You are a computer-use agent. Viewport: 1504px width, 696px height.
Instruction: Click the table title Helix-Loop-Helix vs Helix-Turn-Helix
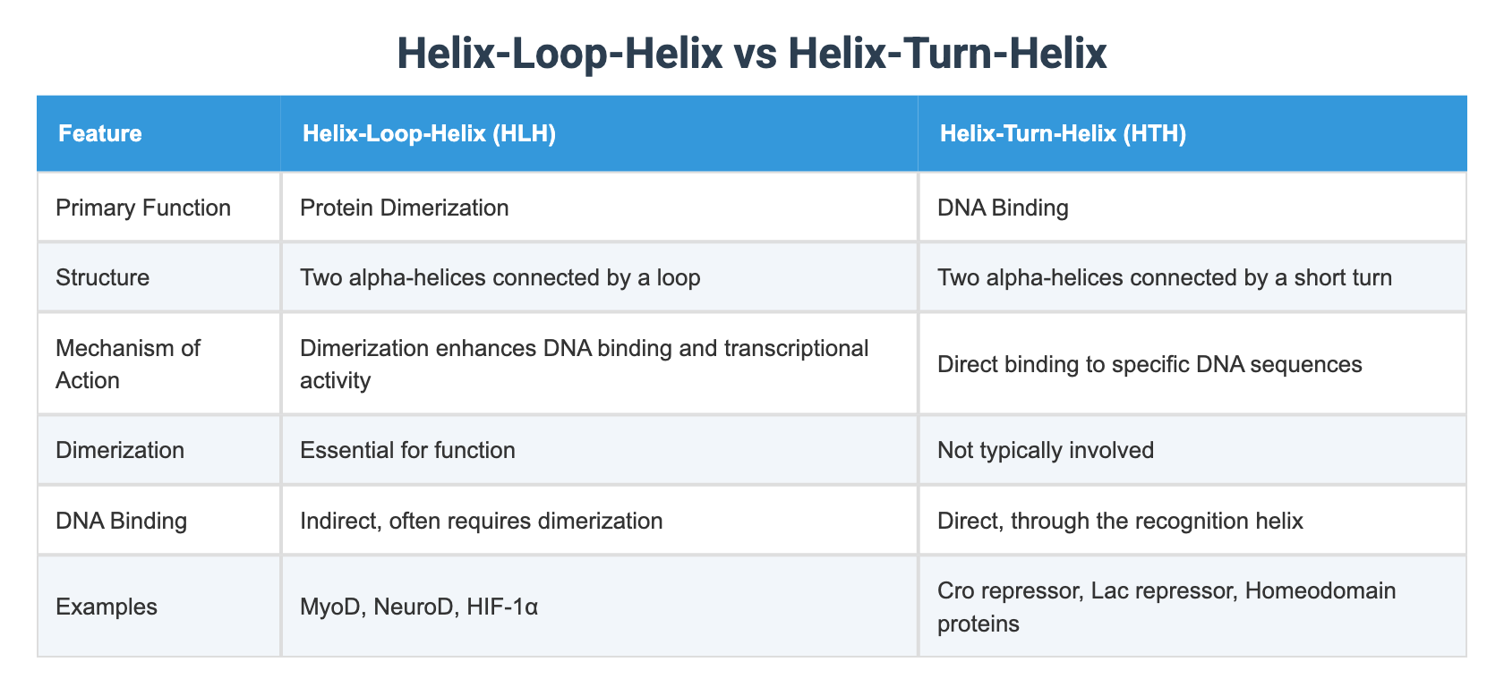point(751,54)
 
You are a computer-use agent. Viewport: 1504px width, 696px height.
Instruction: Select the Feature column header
point(99,133)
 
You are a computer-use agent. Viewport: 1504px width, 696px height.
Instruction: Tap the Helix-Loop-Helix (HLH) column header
point(429,133)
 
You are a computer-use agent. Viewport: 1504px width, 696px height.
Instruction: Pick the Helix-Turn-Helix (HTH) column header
point(1063,133)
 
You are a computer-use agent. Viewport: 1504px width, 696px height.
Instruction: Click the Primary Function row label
point(143,208)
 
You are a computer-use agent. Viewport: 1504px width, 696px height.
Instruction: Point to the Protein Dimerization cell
point(405,208)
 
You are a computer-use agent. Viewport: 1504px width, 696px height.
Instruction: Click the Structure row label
point(102,276)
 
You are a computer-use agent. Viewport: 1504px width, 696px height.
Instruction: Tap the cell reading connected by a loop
point(500,276)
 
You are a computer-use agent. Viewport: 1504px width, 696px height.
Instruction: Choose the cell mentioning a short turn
point(1164,276)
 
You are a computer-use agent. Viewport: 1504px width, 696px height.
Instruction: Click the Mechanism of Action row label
point(127,363)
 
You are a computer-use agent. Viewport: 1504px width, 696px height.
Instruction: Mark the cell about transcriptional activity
point(584,363)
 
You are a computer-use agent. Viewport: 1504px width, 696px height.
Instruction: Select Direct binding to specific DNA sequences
point(1149,363)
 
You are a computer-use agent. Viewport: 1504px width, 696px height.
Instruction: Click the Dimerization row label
point(120,449)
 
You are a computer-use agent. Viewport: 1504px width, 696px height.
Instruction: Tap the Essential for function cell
point(407,449)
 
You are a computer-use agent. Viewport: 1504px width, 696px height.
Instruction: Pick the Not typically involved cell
point(1045,449)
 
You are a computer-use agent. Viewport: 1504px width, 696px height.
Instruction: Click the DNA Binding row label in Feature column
point(121,520)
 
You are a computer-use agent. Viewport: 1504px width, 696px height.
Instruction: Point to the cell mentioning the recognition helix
point(1120,520)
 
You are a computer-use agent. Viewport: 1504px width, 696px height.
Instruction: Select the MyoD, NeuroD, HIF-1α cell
point(419,606)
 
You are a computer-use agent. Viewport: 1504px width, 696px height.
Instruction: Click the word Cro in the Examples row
point(955,590)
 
